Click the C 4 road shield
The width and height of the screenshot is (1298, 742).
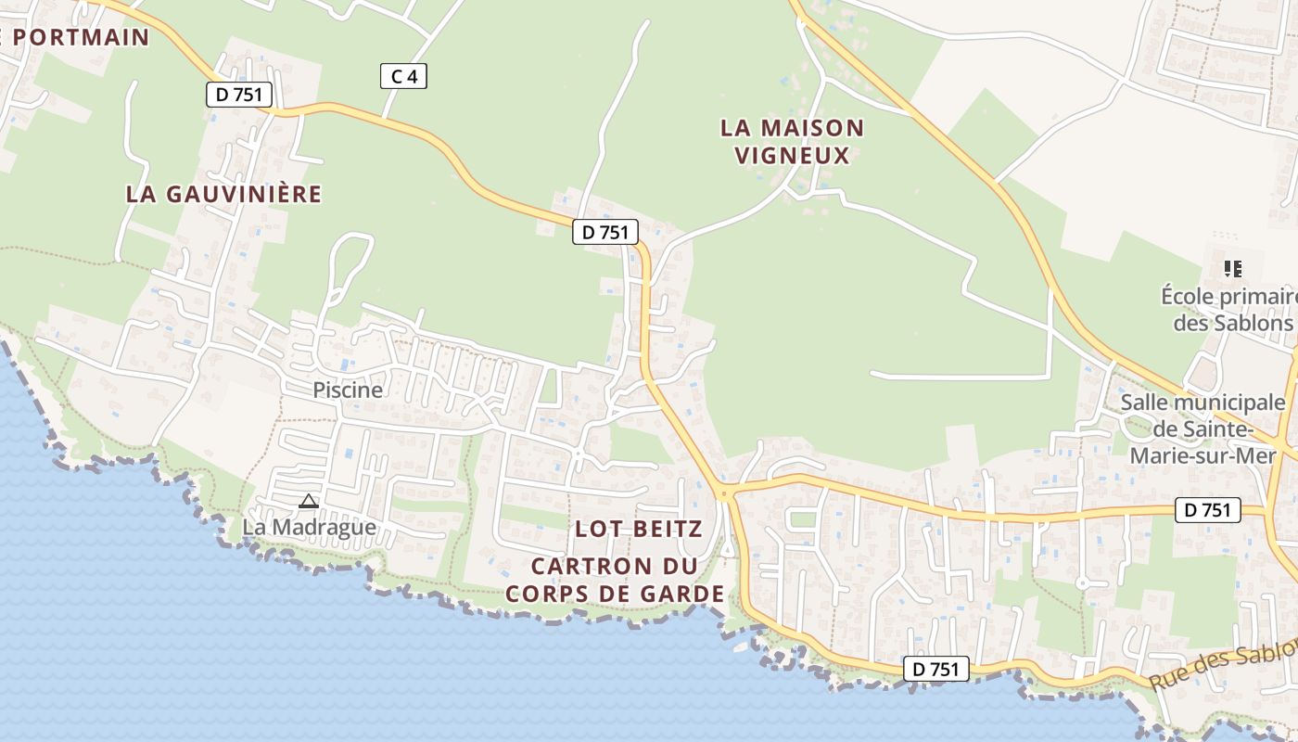pyautogui.click(x=404, y=76)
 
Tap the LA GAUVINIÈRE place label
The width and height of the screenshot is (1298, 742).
pyautogui.click(x=223, y=194)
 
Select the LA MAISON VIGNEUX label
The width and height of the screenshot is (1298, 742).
pyautogui.click(x=793, y=141)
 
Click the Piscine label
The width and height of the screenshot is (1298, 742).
pyautogui.click(x=348, y=390)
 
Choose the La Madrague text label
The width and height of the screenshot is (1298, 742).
pyautogui.click(x=310, y=527)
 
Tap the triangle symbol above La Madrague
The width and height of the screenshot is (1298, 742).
pyautogui.click(x=309, y=502)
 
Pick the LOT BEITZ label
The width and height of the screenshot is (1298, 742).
pyautogui.click(x=639, y=529)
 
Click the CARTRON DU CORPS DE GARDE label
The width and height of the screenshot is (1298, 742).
pyautogui.click(x=615, y=580)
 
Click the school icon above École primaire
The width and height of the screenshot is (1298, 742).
pyautogui.click(x=1232, y=269)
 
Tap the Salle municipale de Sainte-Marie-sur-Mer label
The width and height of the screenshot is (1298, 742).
pyautogui.click(x=1203, y=429)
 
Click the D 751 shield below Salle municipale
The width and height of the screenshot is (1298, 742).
pyautogui.click(x=1208, y=509)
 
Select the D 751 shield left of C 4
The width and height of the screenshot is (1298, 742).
pyautogui.click(x=238, y=94)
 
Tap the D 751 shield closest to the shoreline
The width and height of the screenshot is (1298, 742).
pyautogui.click(x=936, y=669)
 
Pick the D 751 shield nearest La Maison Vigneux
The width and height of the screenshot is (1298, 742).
pyautogui.click(x=605, y=232)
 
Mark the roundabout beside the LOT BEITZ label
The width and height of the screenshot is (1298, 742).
pyautogui.click(x=724, y=493)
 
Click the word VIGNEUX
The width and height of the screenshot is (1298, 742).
pyautogui.click(x=793, y=155)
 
